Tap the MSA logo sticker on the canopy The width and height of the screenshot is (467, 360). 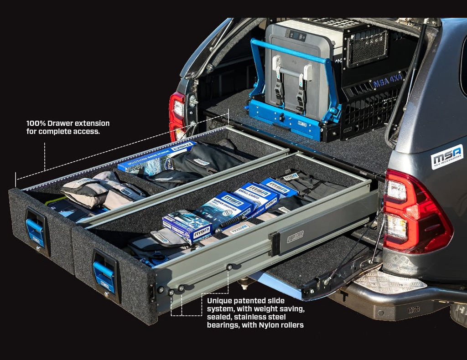coord(447,157)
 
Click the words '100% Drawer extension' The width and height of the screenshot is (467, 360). coord(68,123)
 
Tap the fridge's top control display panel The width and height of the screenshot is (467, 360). coord(295,34)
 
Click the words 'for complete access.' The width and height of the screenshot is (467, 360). coord(63,132)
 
